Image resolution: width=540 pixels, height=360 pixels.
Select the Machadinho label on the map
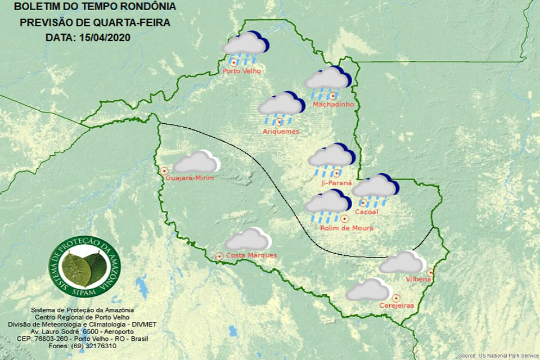[x=333, y=105]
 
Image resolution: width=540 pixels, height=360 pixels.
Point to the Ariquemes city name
[x=281, y=131]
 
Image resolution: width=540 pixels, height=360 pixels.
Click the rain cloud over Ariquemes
[x=281, y=106]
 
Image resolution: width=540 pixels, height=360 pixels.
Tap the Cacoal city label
[x=366, y=211]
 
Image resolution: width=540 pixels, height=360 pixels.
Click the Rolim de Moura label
[x=346, y=228]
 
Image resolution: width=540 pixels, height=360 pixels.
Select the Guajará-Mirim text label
[x=191, y=178]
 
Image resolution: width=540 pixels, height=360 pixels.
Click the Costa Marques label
[x=251, y=255]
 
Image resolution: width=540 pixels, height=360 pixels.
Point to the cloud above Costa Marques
[x=247, y=239]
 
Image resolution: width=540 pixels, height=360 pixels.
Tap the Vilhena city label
[x=418, y=279]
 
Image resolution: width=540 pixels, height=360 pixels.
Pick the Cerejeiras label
[x=397, y=305]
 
